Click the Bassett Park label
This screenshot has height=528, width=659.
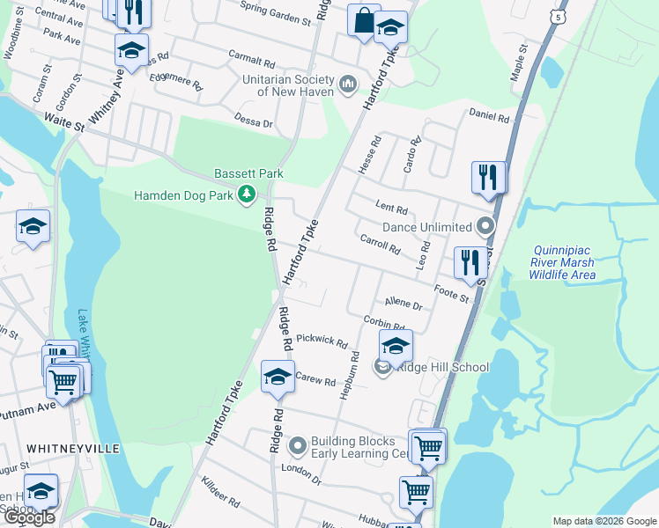(245, 174)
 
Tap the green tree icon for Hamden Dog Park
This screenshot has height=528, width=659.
(248, 194)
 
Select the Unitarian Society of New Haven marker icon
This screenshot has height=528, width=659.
(348, 84)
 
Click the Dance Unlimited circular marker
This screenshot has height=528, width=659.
(484, 227)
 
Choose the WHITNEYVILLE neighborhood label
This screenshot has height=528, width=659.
(73, 448)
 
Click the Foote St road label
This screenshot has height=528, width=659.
(453, 291)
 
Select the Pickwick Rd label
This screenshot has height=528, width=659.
(322, 339)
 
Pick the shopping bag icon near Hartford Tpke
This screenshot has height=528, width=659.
(363, 20)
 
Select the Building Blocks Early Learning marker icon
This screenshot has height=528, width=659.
(297, 447)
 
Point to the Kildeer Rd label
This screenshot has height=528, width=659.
(220, 492)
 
